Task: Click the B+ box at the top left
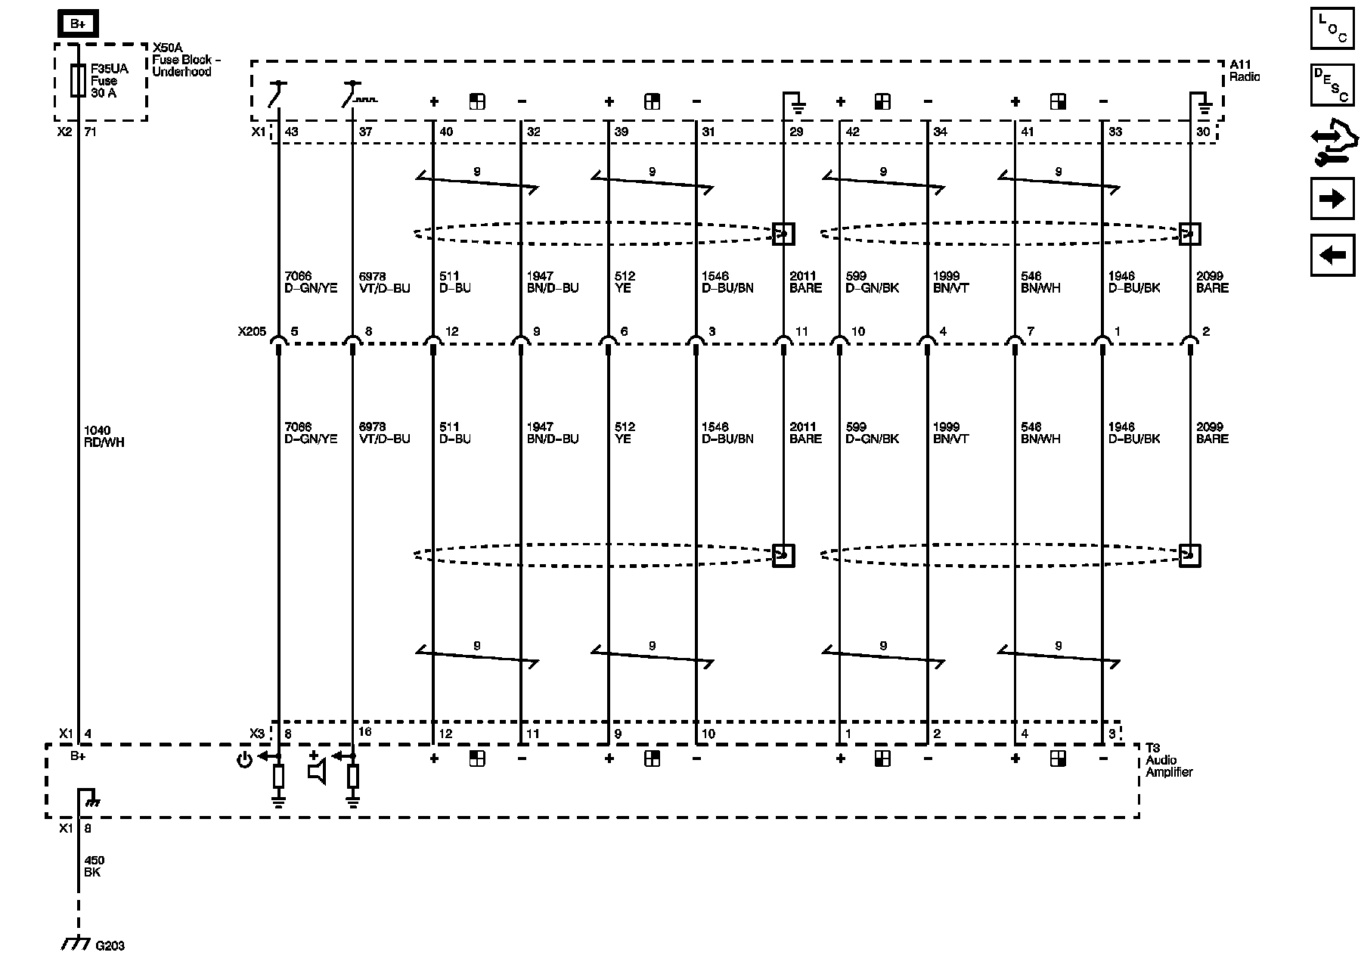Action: click(x=78, y=24)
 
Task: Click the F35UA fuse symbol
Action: click(x=77, y=81)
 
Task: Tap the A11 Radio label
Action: click(x=1244, y=71)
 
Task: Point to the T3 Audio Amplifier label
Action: click(x=1168, y=760)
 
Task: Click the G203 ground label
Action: click(x=110, y=945)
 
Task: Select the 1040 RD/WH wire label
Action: click(x=104, y=436)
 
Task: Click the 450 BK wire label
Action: click(x=94, y=866)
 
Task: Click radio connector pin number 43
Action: click(x=291, y=132)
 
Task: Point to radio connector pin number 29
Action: click(x=796, y=132)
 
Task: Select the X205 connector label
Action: click(x=252, y=331)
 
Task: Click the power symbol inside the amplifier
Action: click(x=244, y=760)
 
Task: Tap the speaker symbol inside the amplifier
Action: click(x=317, y=770)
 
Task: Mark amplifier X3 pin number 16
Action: click(x=364, y=732)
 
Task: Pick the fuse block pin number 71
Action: click(x=91, y=132)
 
